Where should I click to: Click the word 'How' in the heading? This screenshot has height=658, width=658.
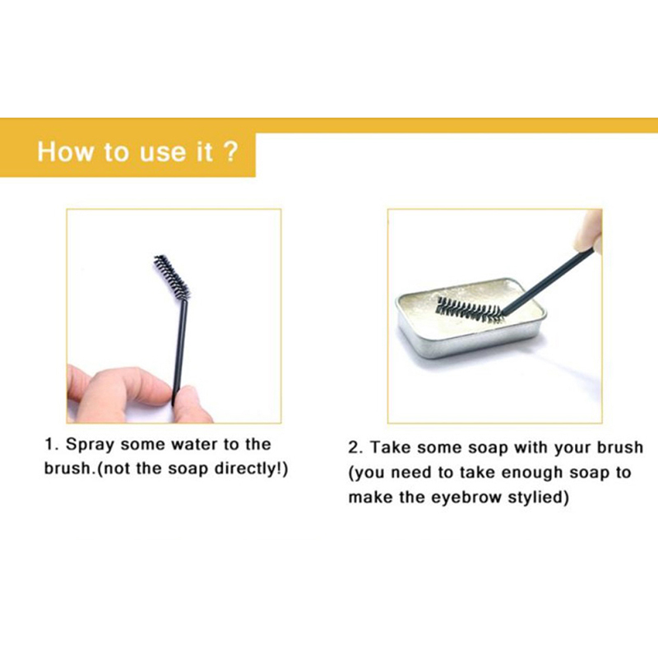(66, 151)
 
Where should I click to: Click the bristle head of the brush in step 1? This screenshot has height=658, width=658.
(172, 276)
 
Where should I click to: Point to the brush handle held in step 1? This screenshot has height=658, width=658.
(179, 352)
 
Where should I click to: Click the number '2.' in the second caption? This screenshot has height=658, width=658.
(356, 447)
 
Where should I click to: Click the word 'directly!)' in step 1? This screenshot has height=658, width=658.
(251, 469)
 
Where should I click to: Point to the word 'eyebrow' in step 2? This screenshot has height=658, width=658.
(465, 498)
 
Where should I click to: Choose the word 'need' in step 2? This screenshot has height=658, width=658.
(416, 472)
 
